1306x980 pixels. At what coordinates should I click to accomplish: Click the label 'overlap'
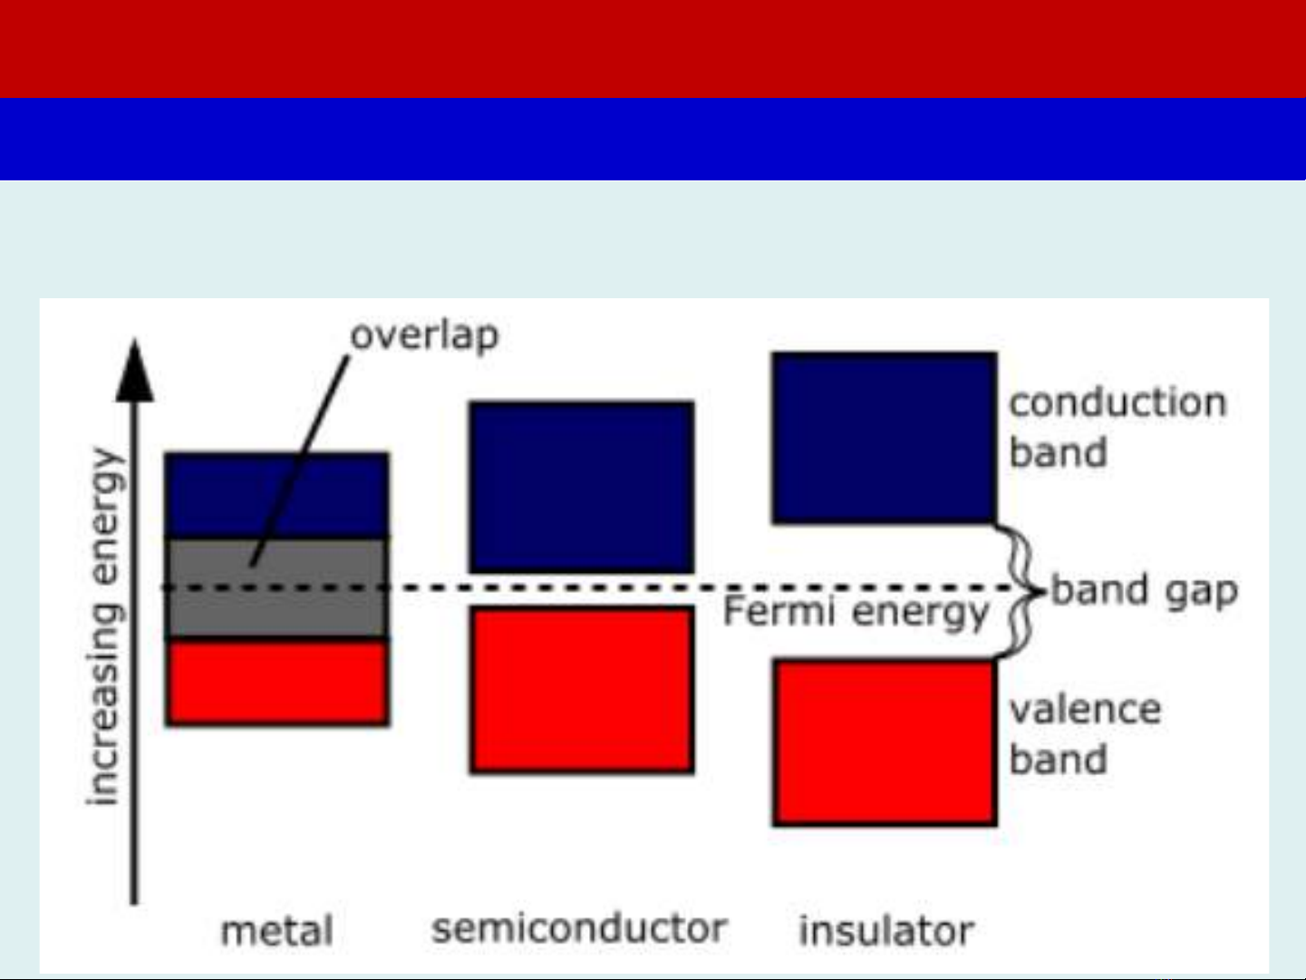pos(424,335)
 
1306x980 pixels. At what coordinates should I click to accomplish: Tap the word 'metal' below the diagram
pos(277,931)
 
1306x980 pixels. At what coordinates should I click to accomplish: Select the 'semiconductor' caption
pos(579,928)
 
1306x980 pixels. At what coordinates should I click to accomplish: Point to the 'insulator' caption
pos(885,931)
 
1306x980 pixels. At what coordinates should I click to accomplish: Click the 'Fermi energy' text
pos(856,613)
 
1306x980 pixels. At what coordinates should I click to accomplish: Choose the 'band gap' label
pos(1145,591)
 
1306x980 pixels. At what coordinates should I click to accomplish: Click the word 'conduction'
pos(1117,403)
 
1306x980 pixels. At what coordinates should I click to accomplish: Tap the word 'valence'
pos(1085,709)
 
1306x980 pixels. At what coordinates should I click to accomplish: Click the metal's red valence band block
pos(277,683)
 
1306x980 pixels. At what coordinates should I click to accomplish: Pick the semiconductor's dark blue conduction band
pos(582,487)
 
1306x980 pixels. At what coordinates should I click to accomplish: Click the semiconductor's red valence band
pos(582,689)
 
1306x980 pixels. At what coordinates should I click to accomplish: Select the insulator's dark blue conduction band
pos(884,438)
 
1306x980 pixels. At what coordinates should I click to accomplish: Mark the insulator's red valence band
pos(884,742)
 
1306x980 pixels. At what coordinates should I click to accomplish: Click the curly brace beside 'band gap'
pos(1022,591)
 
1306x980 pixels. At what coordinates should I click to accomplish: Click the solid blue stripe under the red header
pos(653,139)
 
